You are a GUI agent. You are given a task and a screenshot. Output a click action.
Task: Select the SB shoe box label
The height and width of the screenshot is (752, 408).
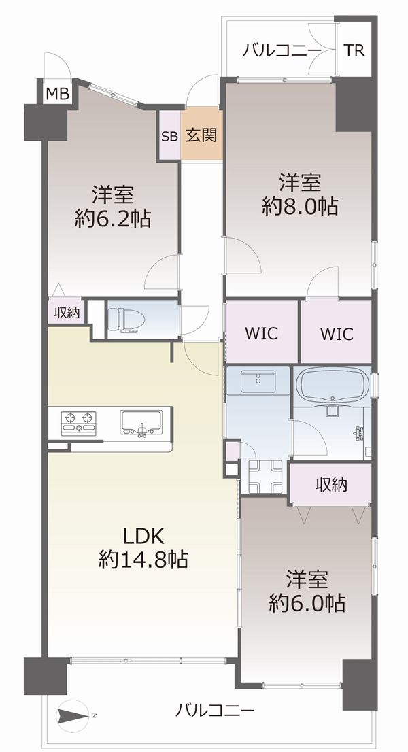[x=169, y=136]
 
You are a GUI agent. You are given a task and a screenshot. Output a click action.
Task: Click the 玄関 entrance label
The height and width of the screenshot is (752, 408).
[x=202, y=136]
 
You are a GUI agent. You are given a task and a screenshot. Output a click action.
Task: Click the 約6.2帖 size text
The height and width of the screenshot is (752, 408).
[x=113, y=219]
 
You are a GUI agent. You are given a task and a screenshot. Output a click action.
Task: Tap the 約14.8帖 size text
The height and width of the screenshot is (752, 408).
[x=143, y=560]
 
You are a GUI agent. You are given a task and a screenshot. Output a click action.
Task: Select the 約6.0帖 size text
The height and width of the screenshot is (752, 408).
[x=307, y=603]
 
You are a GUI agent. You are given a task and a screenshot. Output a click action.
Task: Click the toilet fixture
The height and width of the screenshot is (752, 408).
[x=126, y=320]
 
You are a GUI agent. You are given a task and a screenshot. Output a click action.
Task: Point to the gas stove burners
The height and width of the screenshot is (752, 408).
[x=79, y=424]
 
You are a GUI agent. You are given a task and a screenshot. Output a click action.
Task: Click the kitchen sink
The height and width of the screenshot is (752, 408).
[x=141, y=423]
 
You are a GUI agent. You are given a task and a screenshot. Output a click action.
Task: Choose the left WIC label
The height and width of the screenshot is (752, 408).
[x=261, y=333]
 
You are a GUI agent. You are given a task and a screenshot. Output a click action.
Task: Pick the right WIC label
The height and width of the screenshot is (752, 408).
[x=337, y=333]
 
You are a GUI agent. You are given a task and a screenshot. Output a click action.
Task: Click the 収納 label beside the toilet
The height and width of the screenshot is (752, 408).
[x=66, y=313]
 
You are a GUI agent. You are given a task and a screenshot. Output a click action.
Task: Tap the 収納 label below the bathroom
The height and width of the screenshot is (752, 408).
[x=330, y=485]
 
